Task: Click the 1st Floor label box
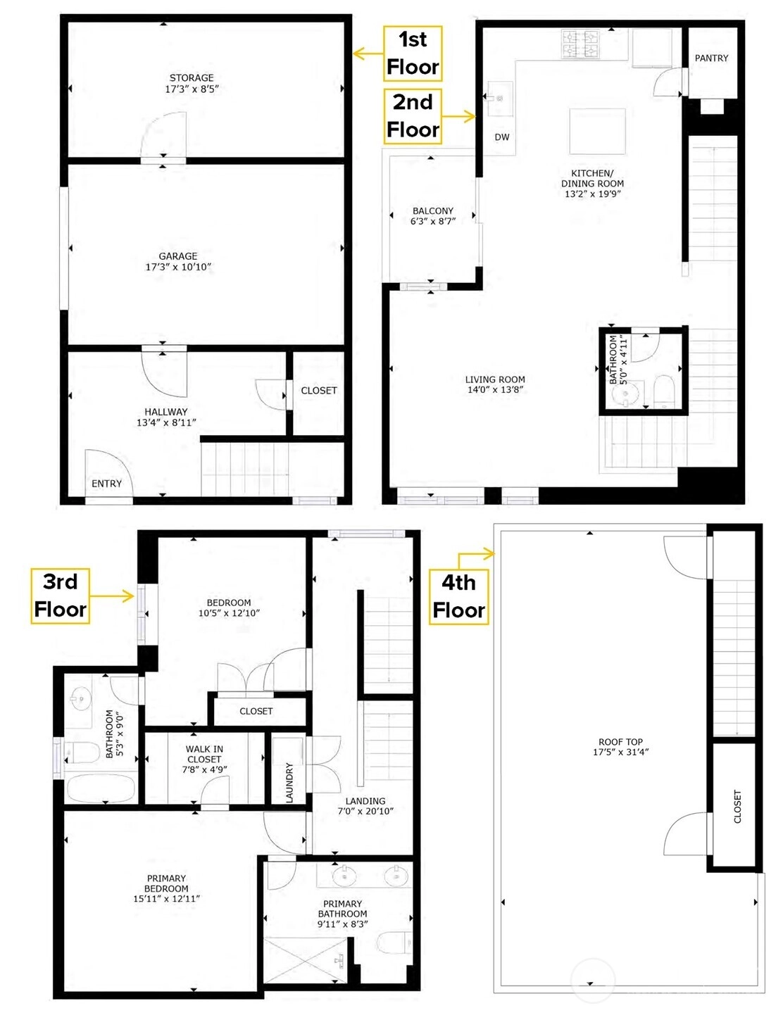[413, 53]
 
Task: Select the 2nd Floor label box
[413, 116]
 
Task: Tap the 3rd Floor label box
[60, 596]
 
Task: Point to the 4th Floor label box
[458, 597]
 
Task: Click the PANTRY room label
[711, 58]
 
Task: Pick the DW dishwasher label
[502, 137]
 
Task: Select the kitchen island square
[598, 131]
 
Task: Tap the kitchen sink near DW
[500, 99]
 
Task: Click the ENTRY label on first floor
[107, 484]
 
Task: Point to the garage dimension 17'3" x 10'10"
[179, 267]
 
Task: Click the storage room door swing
[163, 135]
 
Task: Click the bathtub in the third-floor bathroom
[101, 788]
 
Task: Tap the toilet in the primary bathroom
[394, 940]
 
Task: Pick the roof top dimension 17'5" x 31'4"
[621, 751]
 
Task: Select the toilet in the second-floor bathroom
[664, 391]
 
